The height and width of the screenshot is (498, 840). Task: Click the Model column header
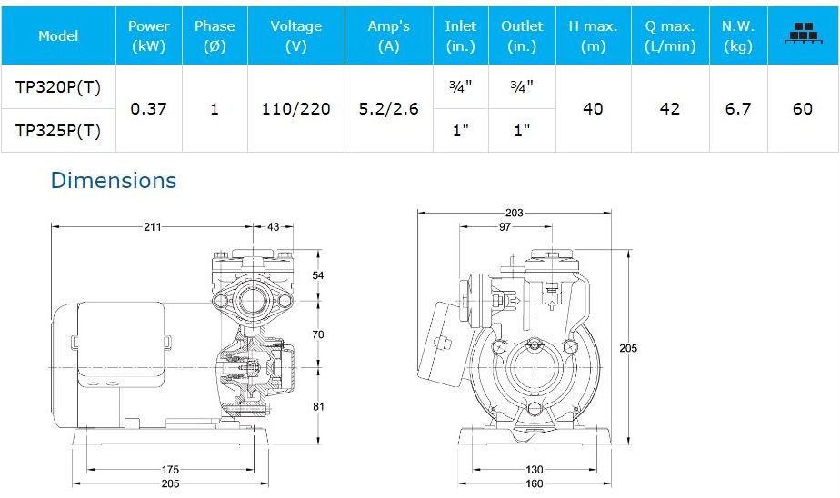pyautogui.click(x=58, y=35)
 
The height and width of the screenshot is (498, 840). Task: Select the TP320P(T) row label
pyautogui.click(x=58, y=86)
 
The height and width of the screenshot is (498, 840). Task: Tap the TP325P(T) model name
pyautogui.click(x=58, y=130)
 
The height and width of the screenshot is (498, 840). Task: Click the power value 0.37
pyautogui.click(x=148, y=109)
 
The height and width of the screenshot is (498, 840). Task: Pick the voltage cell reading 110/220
pyautogui.click(x=295, y=109)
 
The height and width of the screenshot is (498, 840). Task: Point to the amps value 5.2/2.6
pyautogui.click(x=388, y=109)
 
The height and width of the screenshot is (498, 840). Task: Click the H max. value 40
pyautogui.click(x=593, y=109)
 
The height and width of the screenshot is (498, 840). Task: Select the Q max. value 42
pyautogui.click(x=670, y=109)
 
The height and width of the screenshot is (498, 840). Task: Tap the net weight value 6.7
pyautogui.click(x=738, y=109)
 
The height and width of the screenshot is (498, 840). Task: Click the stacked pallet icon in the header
pyautogui.click(x=803, y=34)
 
